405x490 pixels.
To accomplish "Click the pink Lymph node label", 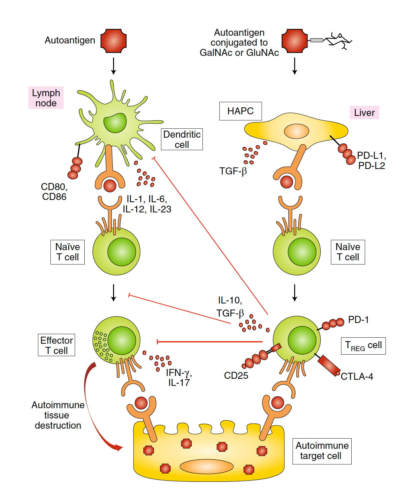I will coord(46,98).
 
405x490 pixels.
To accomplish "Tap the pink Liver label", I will coord(364,112).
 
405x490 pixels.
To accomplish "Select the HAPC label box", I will coord(240,111).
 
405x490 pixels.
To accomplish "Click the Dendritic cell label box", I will coord(182,139).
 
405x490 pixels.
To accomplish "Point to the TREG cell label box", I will coord(363,346).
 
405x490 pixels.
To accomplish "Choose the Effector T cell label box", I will coord(57,345).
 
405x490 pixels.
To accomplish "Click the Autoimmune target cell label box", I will coord(322,451).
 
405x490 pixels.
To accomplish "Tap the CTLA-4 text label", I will coord(357,377).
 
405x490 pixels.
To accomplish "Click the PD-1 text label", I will coord(358,319).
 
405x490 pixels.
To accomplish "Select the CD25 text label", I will coord(236,375).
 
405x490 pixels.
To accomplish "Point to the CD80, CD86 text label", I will coord(54,191).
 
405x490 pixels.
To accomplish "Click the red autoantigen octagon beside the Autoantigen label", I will coord(113,41).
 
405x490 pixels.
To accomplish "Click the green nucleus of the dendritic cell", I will coord(115,123).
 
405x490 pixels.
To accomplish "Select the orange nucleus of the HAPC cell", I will coord(296,131).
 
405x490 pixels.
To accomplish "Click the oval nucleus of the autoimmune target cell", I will coord(207,467).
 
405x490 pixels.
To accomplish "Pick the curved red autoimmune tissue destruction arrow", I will coord(93,412).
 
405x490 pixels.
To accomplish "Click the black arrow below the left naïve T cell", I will coord(113,293).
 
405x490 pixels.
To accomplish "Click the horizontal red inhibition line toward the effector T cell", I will coord(209,342).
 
